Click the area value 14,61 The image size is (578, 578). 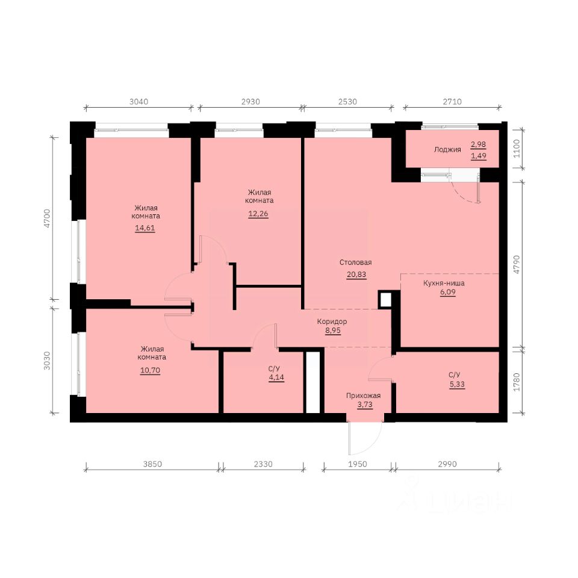(x=145, y=228)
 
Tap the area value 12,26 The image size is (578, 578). (x=258, y=214)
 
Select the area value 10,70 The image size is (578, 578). (x=150, y=370)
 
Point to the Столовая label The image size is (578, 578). (x=355, y=263)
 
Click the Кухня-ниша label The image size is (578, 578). (x=444, y=283)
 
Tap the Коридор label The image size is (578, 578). (x=332, y=322)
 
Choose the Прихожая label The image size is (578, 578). (x=363, y=396)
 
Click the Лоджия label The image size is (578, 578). (x=447, y=150)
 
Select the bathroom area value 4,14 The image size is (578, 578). (x=276, y=378)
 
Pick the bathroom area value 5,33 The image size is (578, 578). (x=457, y=384)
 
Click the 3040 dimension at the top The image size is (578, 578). (x=138, y=102)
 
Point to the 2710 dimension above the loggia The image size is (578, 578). (x=452, y=102)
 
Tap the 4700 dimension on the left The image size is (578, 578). (x=47, y=218)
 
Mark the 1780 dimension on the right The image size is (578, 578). (x=517, y=382)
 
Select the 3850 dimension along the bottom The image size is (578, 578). (x=152, y=464)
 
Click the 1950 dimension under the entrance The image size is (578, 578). (x=358, y=464)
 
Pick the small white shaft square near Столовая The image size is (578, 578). (x=385, y=299)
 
